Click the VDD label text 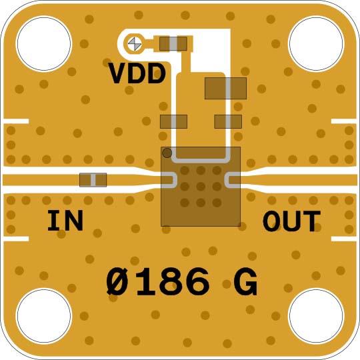[x=137, y=73]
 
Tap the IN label [x=65, y=221]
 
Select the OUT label [x=291, y=221]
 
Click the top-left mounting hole [x=43, y=43]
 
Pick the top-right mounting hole [x=316, y=43]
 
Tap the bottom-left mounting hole [x=43, y=316]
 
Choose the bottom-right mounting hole [x=316, y=316]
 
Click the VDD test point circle [x=134, y=43]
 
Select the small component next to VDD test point [x=173, y=43]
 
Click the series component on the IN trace [x=93, y=180]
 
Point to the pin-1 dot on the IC [x=167, y=153]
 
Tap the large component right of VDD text [x=225, y=89]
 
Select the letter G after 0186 [x=245, y=282]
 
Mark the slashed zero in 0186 [x=117, y=282]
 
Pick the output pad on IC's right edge [x=233, y=180]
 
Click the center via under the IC [x=201, y=187]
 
